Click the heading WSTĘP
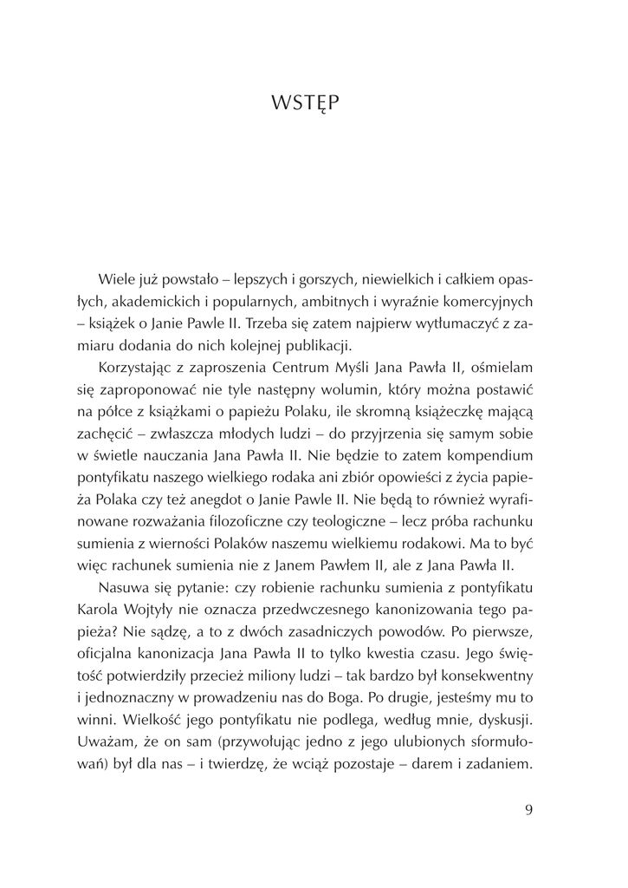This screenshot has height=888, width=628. (304, 103)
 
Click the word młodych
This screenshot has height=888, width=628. (281, 443)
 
